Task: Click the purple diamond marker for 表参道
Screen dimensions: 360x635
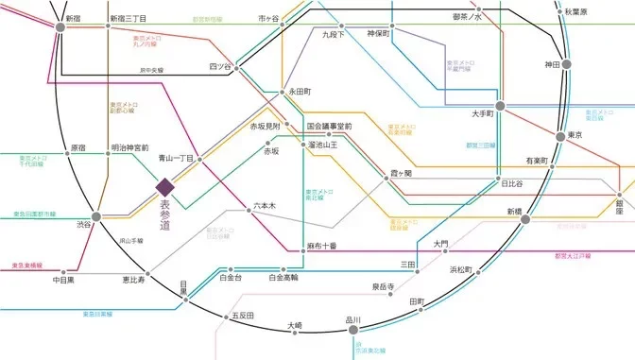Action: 164,187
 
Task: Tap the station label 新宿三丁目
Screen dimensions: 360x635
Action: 128,18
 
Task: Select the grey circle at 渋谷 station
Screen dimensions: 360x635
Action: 95,215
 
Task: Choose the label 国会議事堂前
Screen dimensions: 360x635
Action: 329,126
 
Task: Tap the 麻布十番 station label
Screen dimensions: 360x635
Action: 322,246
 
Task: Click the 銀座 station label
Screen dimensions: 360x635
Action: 621,207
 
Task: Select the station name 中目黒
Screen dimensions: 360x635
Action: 64,281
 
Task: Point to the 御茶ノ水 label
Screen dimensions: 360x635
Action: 467,17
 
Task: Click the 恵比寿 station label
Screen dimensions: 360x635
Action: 133,281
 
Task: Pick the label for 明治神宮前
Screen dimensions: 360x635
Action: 129,148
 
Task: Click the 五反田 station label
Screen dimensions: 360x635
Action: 243,316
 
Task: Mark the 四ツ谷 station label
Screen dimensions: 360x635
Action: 220,66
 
